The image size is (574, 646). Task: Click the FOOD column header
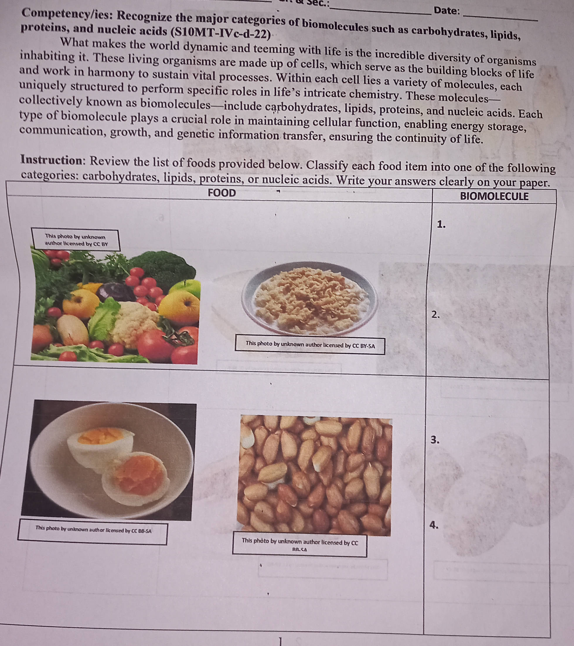pyautogui.click(x=222, y=193)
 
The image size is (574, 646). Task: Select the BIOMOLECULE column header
pyautogui.click(x=494, y=196)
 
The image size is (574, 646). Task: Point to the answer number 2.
pyautogui.click(x=436, y=314)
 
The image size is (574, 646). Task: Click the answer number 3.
pyautogui.click(x=435, y=440)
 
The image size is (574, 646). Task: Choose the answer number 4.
pyautogui.click(x=435, y=525)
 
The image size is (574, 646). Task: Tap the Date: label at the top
pyautogui.click(x=447, y=11)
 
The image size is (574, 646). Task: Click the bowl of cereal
pyautogui.click(x=309, y=297)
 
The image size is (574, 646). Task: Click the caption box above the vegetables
pyautogui.click(x=76, y=240)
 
